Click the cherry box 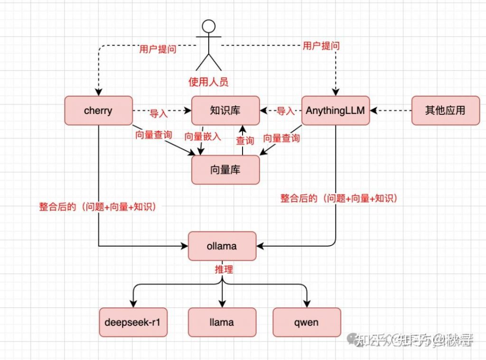point(98,111)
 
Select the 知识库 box point(225,111)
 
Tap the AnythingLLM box point(336,111)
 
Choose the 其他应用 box point(445,111)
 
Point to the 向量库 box point(225,169)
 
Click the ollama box point(222,246)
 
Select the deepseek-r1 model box point(133,322)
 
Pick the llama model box point(222,322)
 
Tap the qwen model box point(307,322)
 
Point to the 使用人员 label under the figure point(208,82)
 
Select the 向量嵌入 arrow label point(203,136)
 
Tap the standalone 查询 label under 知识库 point(245,140)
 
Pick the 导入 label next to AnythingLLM point(285,111)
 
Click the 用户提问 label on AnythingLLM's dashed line point(321,46)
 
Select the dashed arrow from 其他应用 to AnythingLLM point(391,111)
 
